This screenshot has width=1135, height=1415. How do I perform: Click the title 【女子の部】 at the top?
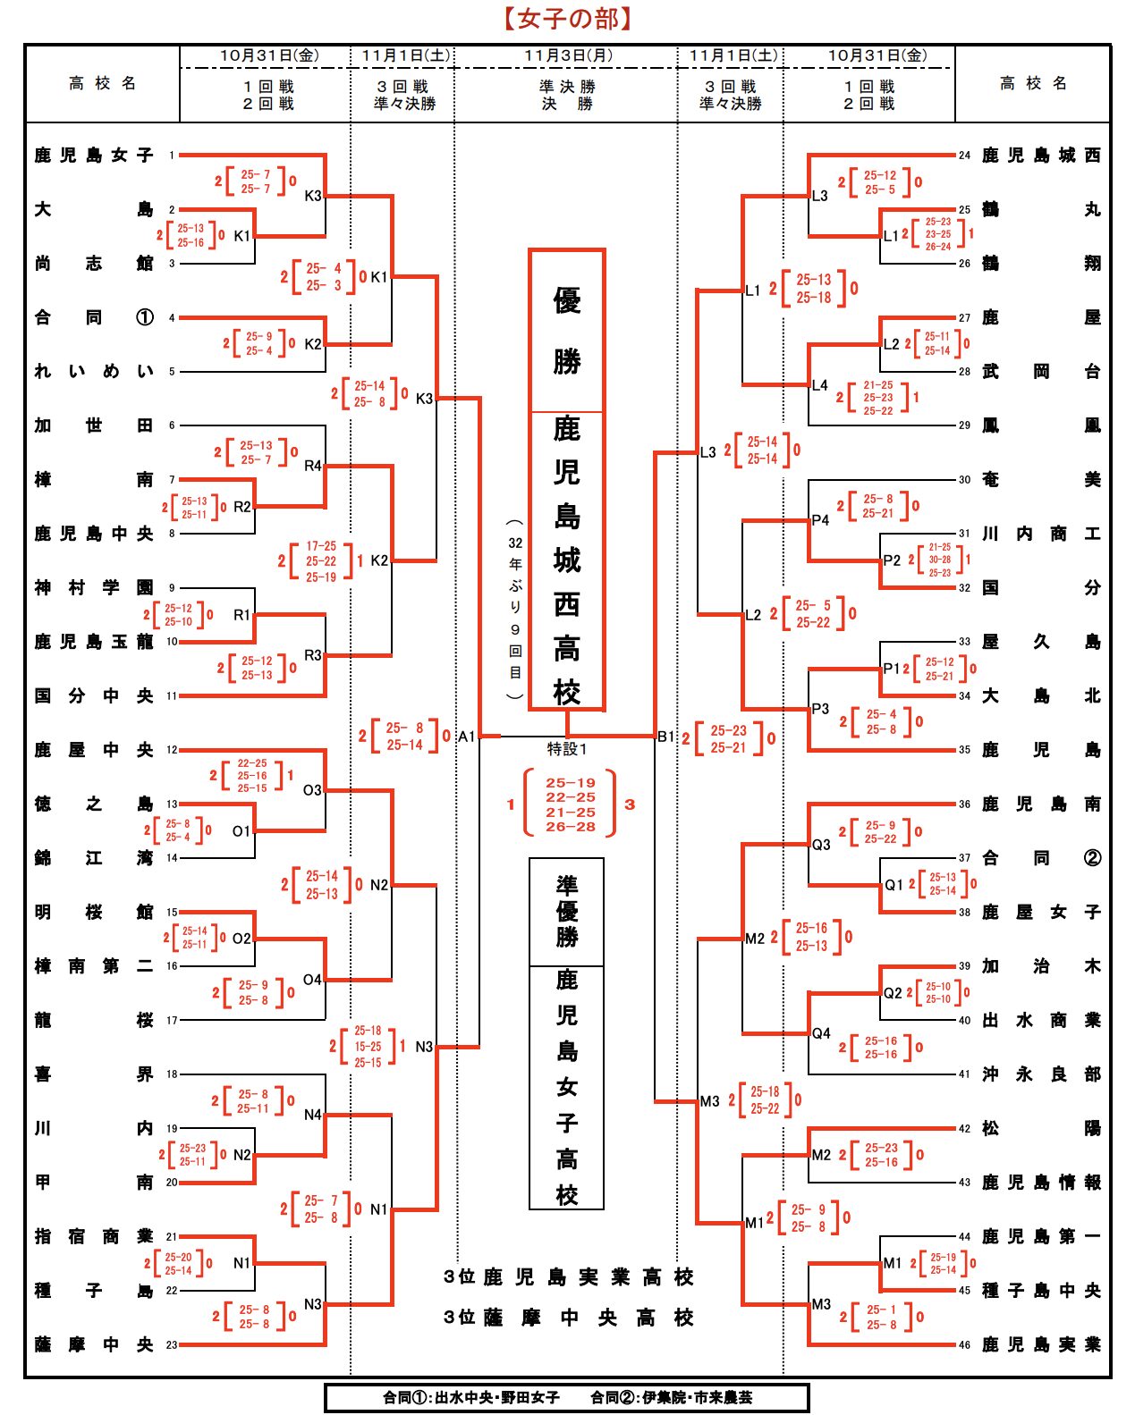click(567, 18)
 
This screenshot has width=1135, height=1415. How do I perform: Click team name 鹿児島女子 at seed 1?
click(94, 156)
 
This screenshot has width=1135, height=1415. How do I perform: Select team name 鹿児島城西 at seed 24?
click(1040, 156)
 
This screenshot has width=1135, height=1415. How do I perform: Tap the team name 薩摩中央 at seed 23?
click(94, 1344)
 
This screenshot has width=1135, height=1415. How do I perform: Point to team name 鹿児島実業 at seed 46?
click(1040, 1344)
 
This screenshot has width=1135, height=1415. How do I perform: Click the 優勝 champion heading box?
click(567, 331)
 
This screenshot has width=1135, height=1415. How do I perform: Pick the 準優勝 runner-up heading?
click(567, 912)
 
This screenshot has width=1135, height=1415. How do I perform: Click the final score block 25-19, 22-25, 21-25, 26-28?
click(571, 804)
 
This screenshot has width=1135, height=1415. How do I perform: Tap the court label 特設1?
click(567, 749)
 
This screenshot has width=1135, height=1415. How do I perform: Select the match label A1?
click(466, 737)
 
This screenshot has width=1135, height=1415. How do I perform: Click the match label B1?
click(665, 737)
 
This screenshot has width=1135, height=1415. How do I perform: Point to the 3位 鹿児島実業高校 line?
click(569, 1277)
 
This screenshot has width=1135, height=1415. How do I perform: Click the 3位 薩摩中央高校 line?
click(569, 1318)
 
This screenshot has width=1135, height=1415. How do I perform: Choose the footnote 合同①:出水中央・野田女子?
click(471, 1397)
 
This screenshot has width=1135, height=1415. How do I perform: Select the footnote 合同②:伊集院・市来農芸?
click(671, 1397)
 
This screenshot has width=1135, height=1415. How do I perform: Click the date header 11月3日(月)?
click(568, 55)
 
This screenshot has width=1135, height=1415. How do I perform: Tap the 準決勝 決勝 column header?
click(567, 95)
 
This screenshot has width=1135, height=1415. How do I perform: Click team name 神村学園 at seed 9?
click(94, 587)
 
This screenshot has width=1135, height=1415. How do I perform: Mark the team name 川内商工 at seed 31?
click(1040, 534)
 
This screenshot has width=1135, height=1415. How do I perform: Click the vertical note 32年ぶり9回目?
click(515, 608)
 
